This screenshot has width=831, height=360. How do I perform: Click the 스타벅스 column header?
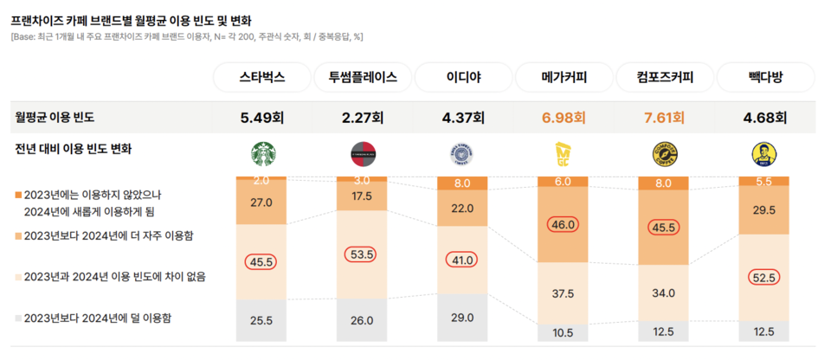[261, 77]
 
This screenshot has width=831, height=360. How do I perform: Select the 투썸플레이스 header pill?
[362, 77]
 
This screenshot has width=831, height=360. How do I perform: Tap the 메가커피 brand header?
[564, 77]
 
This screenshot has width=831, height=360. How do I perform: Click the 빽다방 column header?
[765, 77]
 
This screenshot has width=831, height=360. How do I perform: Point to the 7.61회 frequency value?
[665, 117]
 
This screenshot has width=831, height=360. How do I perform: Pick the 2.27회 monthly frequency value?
[362, 117]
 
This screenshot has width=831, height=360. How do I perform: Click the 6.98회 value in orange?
[564, 117]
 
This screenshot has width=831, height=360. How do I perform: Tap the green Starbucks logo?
[261, 155]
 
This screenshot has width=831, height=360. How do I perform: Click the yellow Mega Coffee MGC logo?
[564, 155]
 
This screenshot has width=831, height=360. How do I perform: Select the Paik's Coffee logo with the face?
[765, 155]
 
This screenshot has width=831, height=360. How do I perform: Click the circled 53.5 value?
[362, 254]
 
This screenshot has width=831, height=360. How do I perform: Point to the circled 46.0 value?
[564, 225]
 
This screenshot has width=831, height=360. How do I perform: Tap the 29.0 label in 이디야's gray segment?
[463, 318]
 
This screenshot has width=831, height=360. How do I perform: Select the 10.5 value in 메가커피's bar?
[564, 332]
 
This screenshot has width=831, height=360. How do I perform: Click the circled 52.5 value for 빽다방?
[765, 277]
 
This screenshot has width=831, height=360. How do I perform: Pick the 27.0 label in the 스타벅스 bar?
[261, 202]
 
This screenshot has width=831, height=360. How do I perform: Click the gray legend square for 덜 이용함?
[17, 318]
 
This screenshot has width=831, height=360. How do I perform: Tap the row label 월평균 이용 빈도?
[55, 117]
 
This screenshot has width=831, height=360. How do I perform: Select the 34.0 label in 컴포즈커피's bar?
[665, 293]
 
